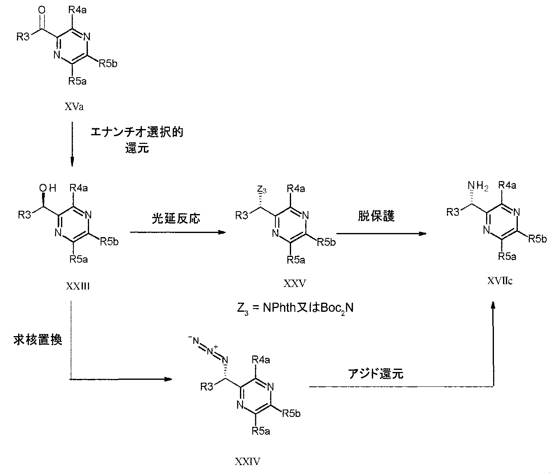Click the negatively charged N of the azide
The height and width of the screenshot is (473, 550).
(196, 341)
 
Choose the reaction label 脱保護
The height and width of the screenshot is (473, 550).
(376, 216)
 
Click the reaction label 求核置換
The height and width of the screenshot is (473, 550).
(37, 340)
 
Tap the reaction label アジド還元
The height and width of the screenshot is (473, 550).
(376, 374)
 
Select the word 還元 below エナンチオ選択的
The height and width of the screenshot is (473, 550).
(137, 148)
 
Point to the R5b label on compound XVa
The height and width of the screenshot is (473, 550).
(108, 64)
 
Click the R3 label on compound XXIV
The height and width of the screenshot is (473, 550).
(207, 386)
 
